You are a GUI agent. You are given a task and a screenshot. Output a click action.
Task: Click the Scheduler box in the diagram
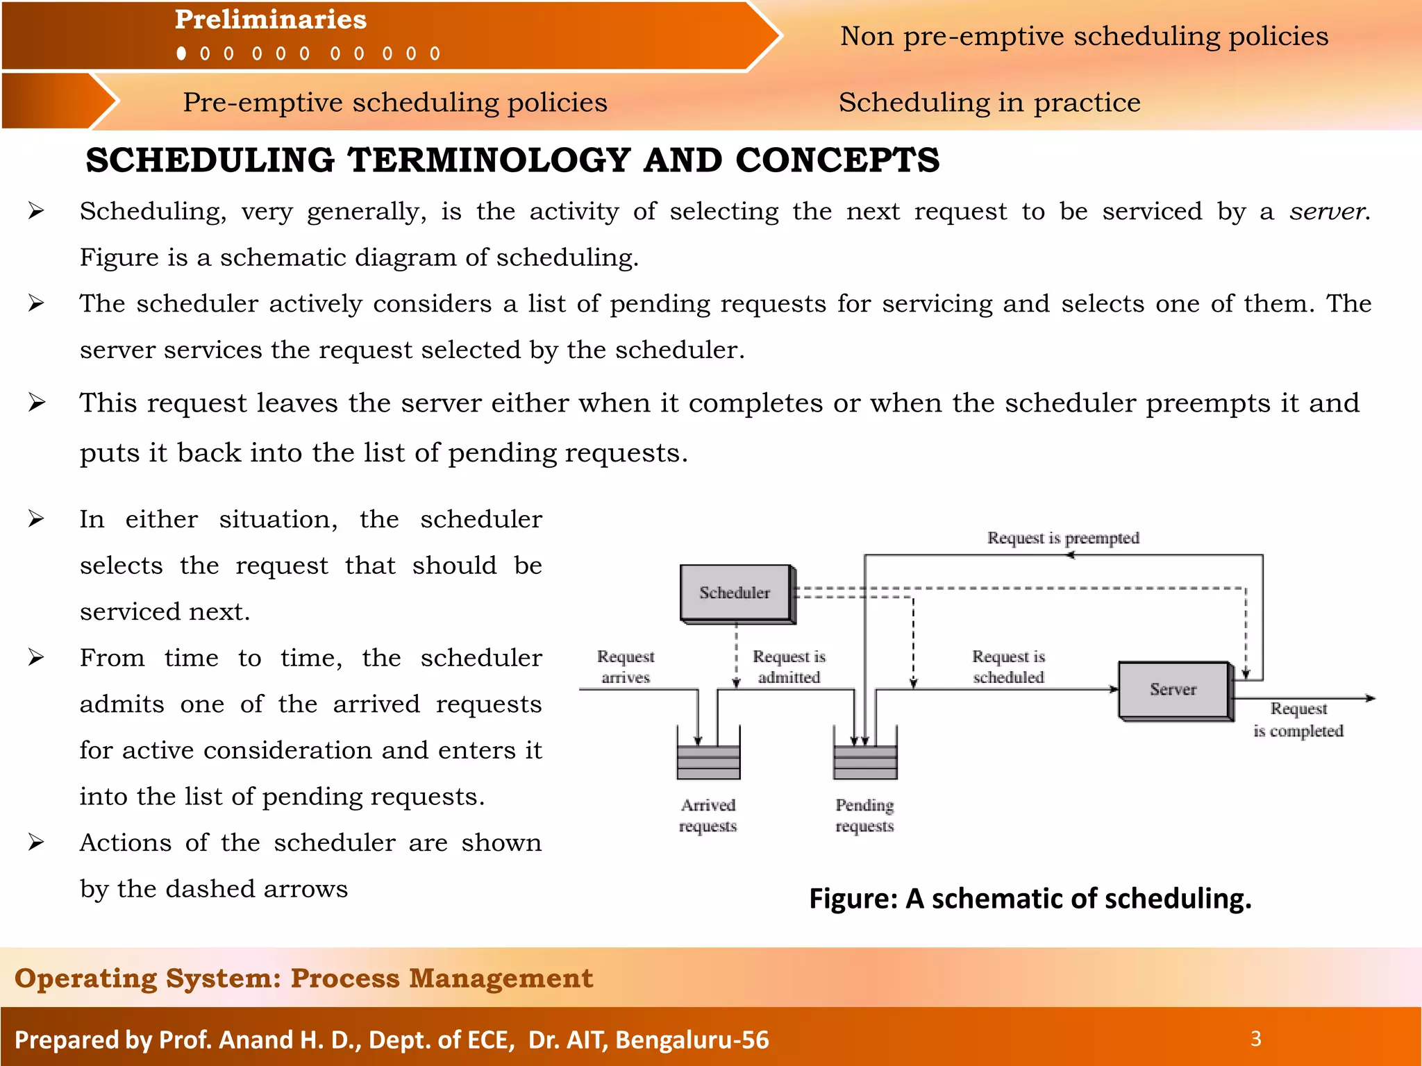tap(735, 593)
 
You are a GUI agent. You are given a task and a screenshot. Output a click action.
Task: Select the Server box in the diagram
tap(1173, 689)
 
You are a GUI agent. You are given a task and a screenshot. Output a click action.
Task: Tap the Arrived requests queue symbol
tap(708, 761)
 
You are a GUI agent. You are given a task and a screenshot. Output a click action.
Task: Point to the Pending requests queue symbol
tap(865, 761)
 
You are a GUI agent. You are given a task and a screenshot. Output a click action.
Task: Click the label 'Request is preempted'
tap(1063, 538)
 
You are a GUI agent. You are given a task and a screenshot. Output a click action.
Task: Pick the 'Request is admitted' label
tap(789, 666)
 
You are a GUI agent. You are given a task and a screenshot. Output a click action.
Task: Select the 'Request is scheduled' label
tap(1008, 666)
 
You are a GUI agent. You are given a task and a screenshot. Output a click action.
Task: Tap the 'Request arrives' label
tap(626, 666)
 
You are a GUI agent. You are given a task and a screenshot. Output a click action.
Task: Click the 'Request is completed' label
tap(1298, 720)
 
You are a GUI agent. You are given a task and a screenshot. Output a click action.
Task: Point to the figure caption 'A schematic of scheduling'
tap(1030, 898)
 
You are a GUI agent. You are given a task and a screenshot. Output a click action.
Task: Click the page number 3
tap(1255, 1038)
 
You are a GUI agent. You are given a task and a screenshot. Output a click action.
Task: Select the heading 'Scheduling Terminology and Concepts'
tap(512, 160)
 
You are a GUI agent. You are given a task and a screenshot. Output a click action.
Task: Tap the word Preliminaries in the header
tap(271, 19)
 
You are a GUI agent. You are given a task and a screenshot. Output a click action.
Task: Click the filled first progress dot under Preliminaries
tap(182, 53)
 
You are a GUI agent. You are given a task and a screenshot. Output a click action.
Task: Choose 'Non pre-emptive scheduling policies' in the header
tap(1084, 36)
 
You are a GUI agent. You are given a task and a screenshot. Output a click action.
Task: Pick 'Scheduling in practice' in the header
tap(989, 103)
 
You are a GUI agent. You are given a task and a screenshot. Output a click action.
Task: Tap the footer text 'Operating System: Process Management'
tap(304, 978)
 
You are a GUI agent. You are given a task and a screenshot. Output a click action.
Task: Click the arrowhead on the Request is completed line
tap(1370, 698)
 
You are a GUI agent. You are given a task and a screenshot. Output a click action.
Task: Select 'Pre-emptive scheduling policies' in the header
tap(395, 103)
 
